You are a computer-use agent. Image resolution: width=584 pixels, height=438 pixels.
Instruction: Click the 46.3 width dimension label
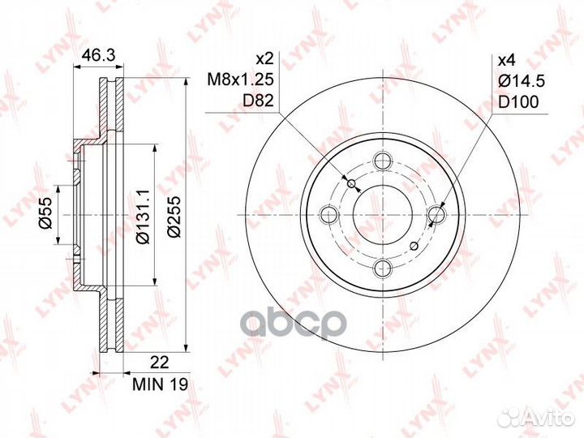pos(99,55)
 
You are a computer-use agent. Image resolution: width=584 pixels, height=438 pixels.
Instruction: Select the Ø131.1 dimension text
pos(143,217)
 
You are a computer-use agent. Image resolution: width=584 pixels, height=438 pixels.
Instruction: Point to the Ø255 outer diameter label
pos(174,216)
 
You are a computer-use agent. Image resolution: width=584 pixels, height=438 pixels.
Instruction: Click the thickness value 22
pos(161,362)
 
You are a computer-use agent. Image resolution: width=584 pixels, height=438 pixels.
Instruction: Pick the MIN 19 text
pos(161,384)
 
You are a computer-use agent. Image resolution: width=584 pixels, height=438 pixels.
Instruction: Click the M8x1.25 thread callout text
pos(241,79)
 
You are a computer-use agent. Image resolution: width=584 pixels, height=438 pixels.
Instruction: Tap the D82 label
pos(258,101)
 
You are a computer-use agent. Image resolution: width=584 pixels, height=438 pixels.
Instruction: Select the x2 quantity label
pos(265,58)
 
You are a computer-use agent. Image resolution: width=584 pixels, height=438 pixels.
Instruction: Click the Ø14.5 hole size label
pos(522,80)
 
